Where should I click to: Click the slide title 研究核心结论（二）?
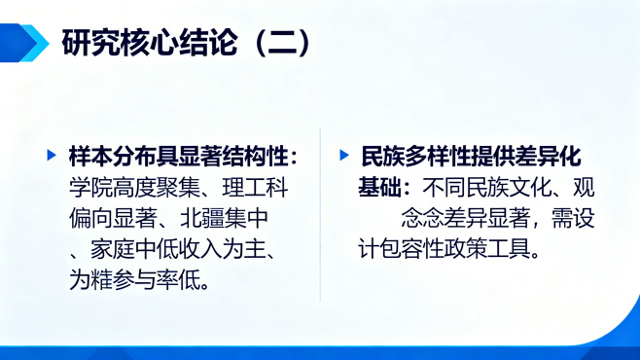pyautogui.click(x=186, y=43)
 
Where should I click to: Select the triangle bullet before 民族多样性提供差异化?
pyautogui.click(x=343, y=156)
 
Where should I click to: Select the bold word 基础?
pyautogui.click(x=379, y=187)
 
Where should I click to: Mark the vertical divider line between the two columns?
pyautogui.click(x=320, y=214)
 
